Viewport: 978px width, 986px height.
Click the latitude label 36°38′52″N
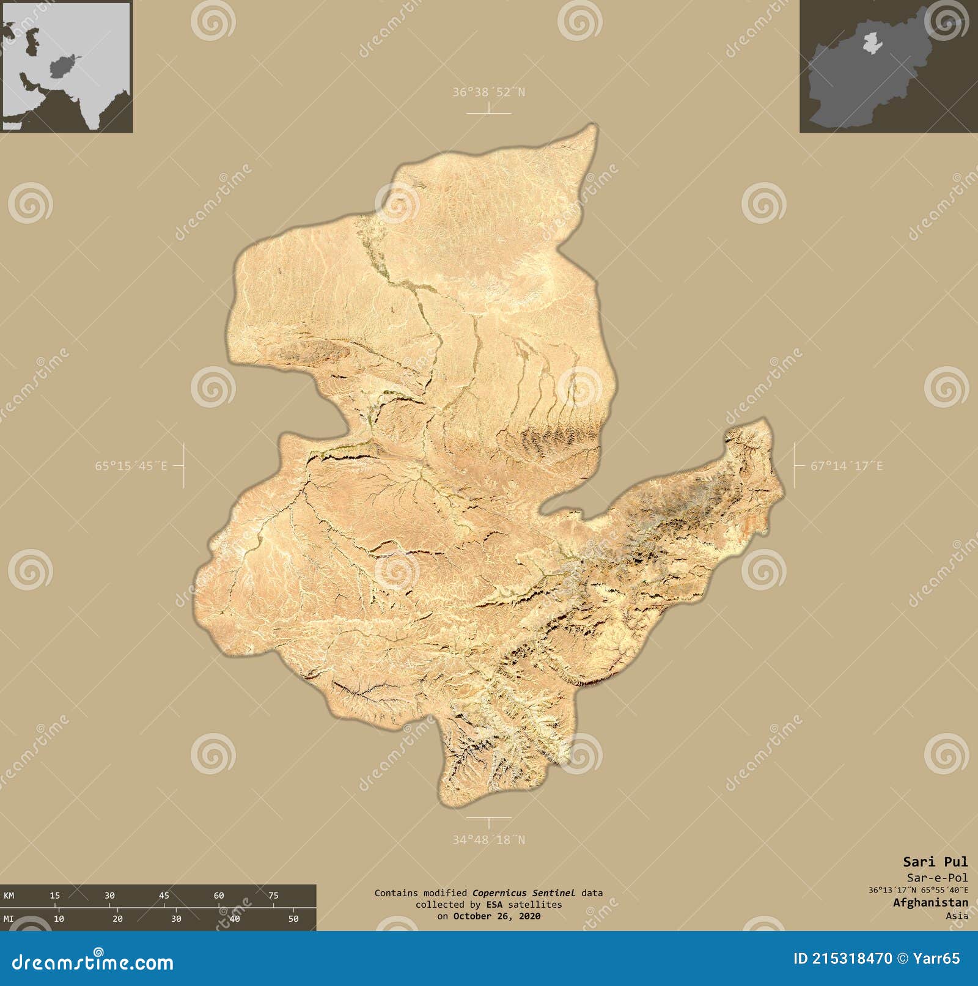pyautogui.click(x=488, y=92)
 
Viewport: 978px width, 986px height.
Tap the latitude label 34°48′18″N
pyautogui.click(x=488, y=840)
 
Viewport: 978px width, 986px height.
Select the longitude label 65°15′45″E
pyautogui.click(x=131, y=466)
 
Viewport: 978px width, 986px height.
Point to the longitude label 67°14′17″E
pyautogui.click(x=847, y=466)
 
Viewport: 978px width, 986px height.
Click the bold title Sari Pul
pyautogui.click(x=935, y=862)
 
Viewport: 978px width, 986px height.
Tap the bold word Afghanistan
pyautogui.click(x=930, y=902)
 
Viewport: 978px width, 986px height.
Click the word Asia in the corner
pyautogui.click(x=957, y=915)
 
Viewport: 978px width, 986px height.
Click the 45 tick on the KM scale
pyautogui.click(x=164, y=896)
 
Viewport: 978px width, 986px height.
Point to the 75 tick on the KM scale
pyautogui.click(x=273, y=896)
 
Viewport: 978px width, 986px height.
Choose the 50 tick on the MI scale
pyautogui.click(x=293, y=919)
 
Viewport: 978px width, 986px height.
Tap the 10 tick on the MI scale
pyautogui.click(x=59, y=919)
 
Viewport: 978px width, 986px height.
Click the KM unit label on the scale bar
pyautogui.click(x=9, y=896)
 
